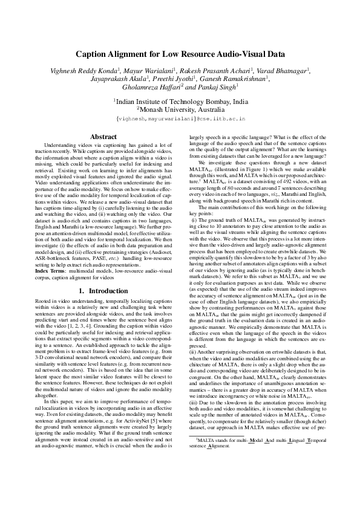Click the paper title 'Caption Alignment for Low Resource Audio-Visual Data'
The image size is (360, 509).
coord(180,53)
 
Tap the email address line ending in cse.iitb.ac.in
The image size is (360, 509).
coord(180,120)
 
